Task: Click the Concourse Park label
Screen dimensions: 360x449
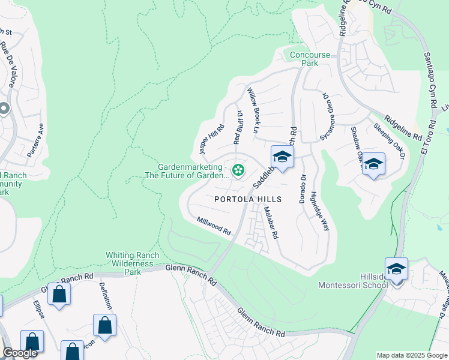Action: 310,59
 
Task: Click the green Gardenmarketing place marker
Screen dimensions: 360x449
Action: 238,171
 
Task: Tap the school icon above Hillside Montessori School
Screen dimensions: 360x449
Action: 396,269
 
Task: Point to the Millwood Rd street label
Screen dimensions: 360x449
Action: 214,226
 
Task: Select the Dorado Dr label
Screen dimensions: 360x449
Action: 303,189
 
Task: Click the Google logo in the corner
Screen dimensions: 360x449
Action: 20,353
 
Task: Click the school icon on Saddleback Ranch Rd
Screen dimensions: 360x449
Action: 282,158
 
